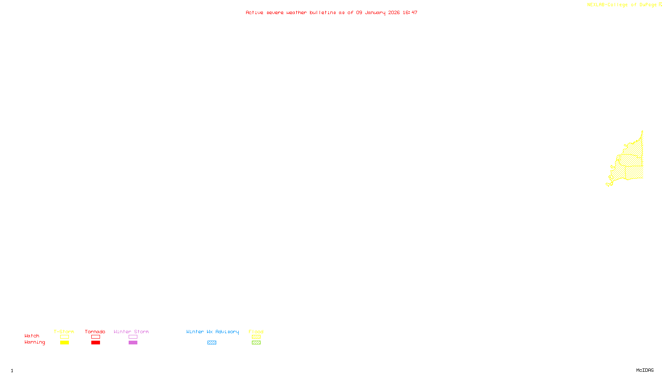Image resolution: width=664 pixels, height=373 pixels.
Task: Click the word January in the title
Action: (375, 12)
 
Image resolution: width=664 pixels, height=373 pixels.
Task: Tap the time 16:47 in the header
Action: (410, 12)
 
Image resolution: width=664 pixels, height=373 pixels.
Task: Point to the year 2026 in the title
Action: (394, 12)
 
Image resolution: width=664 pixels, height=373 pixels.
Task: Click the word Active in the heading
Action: (254, 12)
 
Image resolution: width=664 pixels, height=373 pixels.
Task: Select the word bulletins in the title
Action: (322, 12)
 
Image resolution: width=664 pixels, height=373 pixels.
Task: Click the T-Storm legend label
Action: (64, 332)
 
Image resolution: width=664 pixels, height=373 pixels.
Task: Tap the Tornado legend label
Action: (95, 332)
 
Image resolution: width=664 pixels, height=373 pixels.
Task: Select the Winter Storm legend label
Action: (131, 332)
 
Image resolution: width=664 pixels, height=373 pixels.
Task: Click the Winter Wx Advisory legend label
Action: (212, 332)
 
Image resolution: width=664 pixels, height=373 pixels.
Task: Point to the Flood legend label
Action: (256, 332)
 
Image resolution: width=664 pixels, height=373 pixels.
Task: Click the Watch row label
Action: (32, 336)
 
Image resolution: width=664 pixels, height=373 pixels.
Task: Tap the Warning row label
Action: (35, 342)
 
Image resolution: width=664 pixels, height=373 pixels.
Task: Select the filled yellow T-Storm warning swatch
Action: (64, 343)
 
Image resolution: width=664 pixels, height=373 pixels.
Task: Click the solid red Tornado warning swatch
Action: (95, 343)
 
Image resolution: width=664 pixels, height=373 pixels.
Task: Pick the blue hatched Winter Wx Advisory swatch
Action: (212, 343)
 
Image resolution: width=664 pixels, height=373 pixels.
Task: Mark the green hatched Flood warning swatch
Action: (256, 343)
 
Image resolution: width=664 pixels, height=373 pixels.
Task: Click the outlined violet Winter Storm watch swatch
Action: (133, 337)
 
